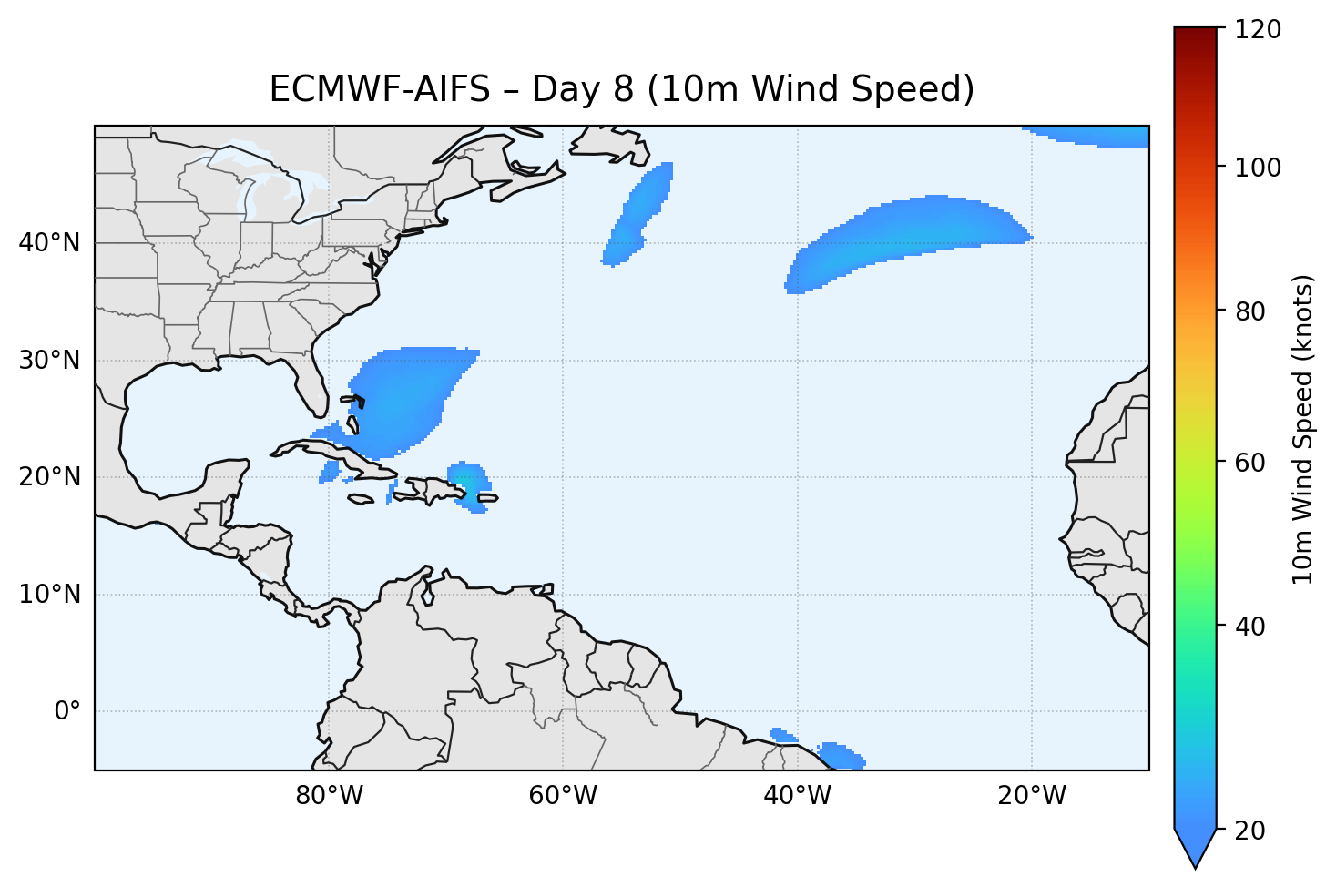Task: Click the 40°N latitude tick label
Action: click(x=49, y=243)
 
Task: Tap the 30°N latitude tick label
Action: click(x=49, y=361)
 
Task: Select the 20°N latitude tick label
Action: click(x=49, y=477)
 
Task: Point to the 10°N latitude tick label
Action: click(x=49, y=595)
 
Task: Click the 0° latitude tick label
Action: click(x=67, y=711)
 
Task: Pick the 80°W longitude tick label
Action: click(x=329, y=796)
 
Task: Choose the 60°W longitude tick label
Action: click(x=563, y=796)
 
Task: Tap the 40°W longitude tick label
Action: click(x=797, y=796)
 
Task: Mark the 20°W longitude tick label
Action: click(x=1032, y=796)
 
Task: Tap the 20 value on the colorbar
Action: click(x=1254, y=831)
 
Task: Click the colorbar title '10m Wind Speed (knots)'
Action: click(x=1303, y=429)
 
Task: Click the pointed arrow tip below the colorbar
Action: click(x=1195, y=865)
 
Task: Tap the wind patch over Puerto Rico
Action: click(x=470, y=484)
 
